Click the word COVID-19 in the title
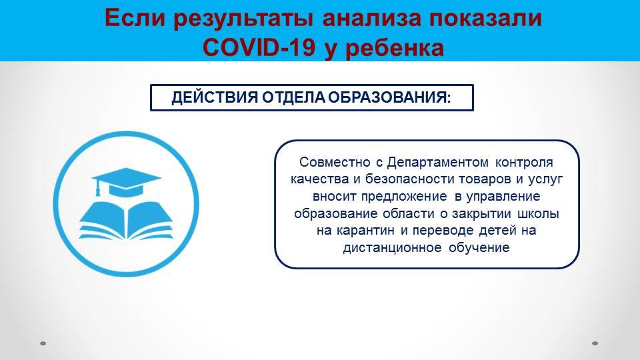[x=259, y=47]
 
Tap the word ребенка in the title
[x=395, y=49]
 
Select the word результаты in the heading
[x=244, y=19]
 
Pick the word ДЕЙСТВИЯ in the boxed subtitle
[x=215, y=98]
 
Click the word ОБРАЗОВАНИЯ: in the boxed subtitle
[x=389, y=97]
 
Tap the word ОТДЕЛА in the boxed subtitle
[x=293, y=98]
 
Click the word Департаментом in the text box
[x=437, y=162]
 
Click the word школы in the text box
[x=539, y=213]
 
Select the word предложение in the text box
[x=404, y=196]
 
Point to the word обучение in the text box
[x=479, y=248]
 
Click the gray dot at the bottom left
[x=43, y=343]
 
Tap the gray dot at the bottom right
[x=595, y=343]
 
